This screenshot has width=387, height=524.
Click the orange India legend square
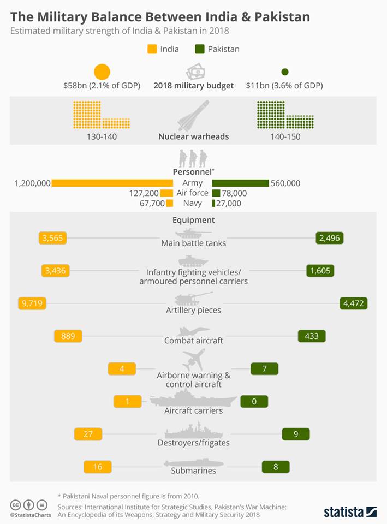coord(152,49)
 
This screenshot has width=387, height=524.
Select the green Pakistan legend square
coord(199,49)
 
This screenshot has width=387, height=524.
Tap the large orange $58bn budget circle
coord(102,72)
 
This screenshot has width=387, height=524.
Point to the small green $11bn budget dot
coord(284,72)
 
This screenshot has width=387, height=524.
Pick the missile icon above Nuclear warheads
coord(193,116)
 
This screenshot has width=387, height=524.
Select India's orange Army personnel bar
coord(112,183)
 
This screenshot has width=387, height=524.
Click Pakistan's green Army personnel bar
coord(240,183)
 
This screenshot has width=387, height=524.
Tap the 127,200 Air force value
coord(144,193)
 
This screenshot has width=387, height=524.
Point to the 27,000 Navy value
coord(229,203)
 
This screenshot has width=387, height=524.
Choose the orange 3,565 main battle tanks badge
coord(53,238)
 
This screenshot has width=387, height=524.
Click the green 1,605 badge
coord(319,270)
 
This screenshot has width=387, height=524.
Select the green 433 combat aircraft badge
coord(312,336)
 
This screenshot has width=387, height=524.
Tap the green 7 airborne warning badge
coord(264,369)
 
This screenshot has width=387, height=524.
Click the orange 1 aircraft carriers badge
coord(127,402)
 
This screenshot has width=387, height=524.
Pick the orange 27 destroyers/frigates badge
coord(88,434)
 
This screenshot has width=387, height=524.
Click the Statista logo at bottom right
coord(350,512)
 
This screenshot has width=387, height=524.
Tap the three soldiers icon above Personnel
coord(194,158)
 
